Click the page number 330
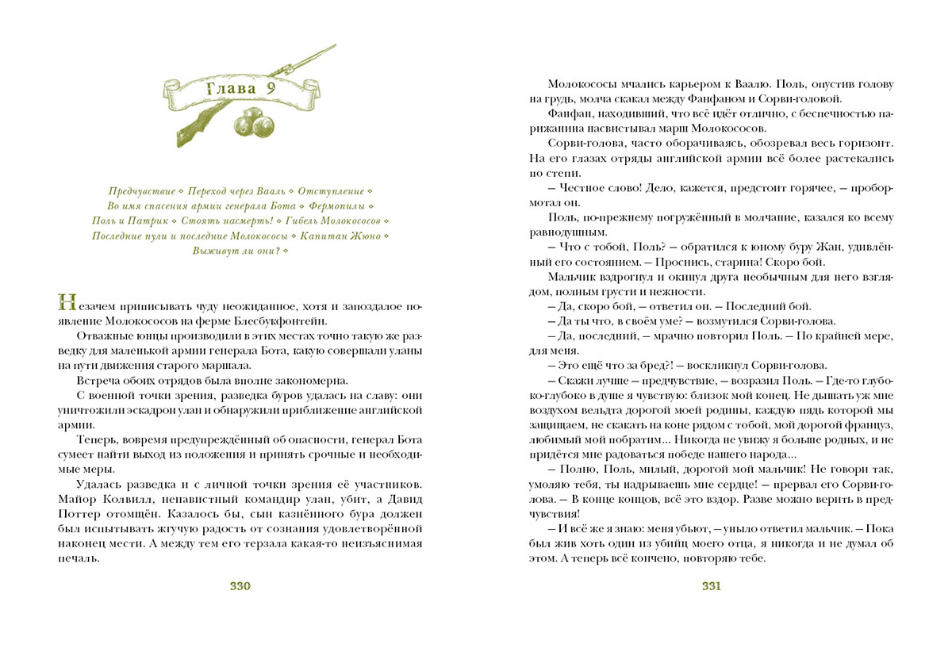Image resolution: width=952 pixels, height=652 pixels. coord(240,587)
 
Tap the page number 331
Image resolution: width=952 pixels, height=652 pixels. coord(711,587)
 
